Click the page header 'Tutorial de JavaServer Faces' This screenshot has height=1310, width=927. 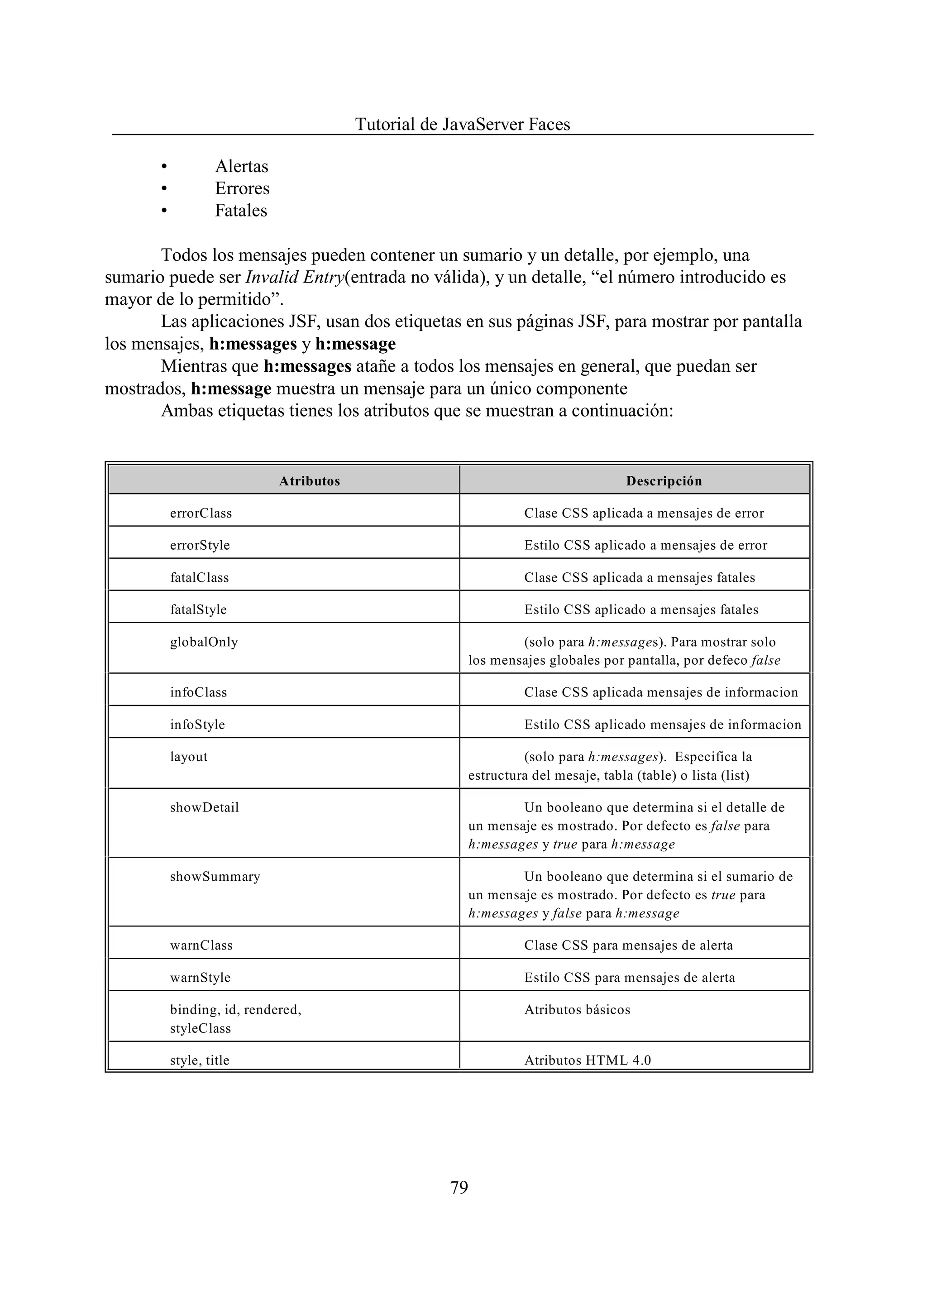tap(462, 124)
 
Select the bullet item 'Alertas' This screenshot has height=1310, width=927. tap(241, 166)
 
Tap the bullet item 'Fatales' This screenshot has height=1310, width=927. tap(241, 211)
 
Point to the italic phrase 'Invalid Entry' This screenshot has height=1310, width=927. tap(295, 278)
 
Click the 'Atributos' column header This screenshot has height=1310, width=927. tap(310, 481)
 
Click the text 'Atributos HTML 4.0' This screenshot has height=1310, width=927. tap(588, 1060)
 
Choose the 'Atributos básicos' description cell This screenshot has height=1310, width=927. tap(577, 1010)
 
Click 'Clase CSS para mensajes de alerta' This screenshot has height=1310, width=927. tap(628, 945)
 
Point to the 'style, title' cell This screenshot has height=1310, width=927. tap(199, 1060)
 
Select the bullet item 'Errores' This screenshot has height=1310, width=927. tap(242, 188)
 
